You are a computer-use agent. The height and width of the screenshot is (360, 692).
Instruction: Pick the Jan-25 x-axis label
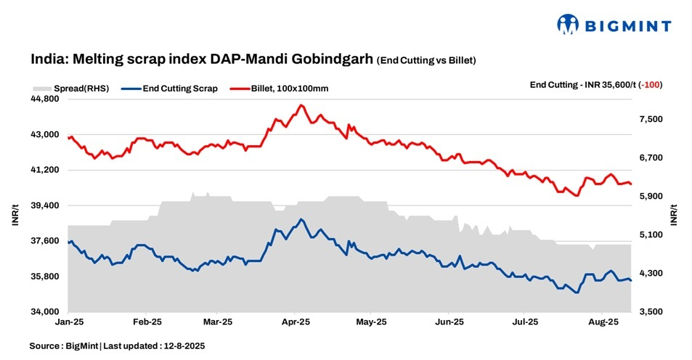(68, 320)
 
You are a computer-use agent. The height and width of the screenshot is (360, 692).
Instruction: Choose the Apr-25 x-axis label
(296, 320)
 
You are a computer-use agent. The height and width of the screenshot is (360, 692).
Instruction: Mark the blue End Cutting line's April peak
(301, 219)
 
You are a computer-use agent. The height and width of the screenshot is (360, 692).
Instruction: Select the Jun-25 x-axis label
(448, 320)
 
